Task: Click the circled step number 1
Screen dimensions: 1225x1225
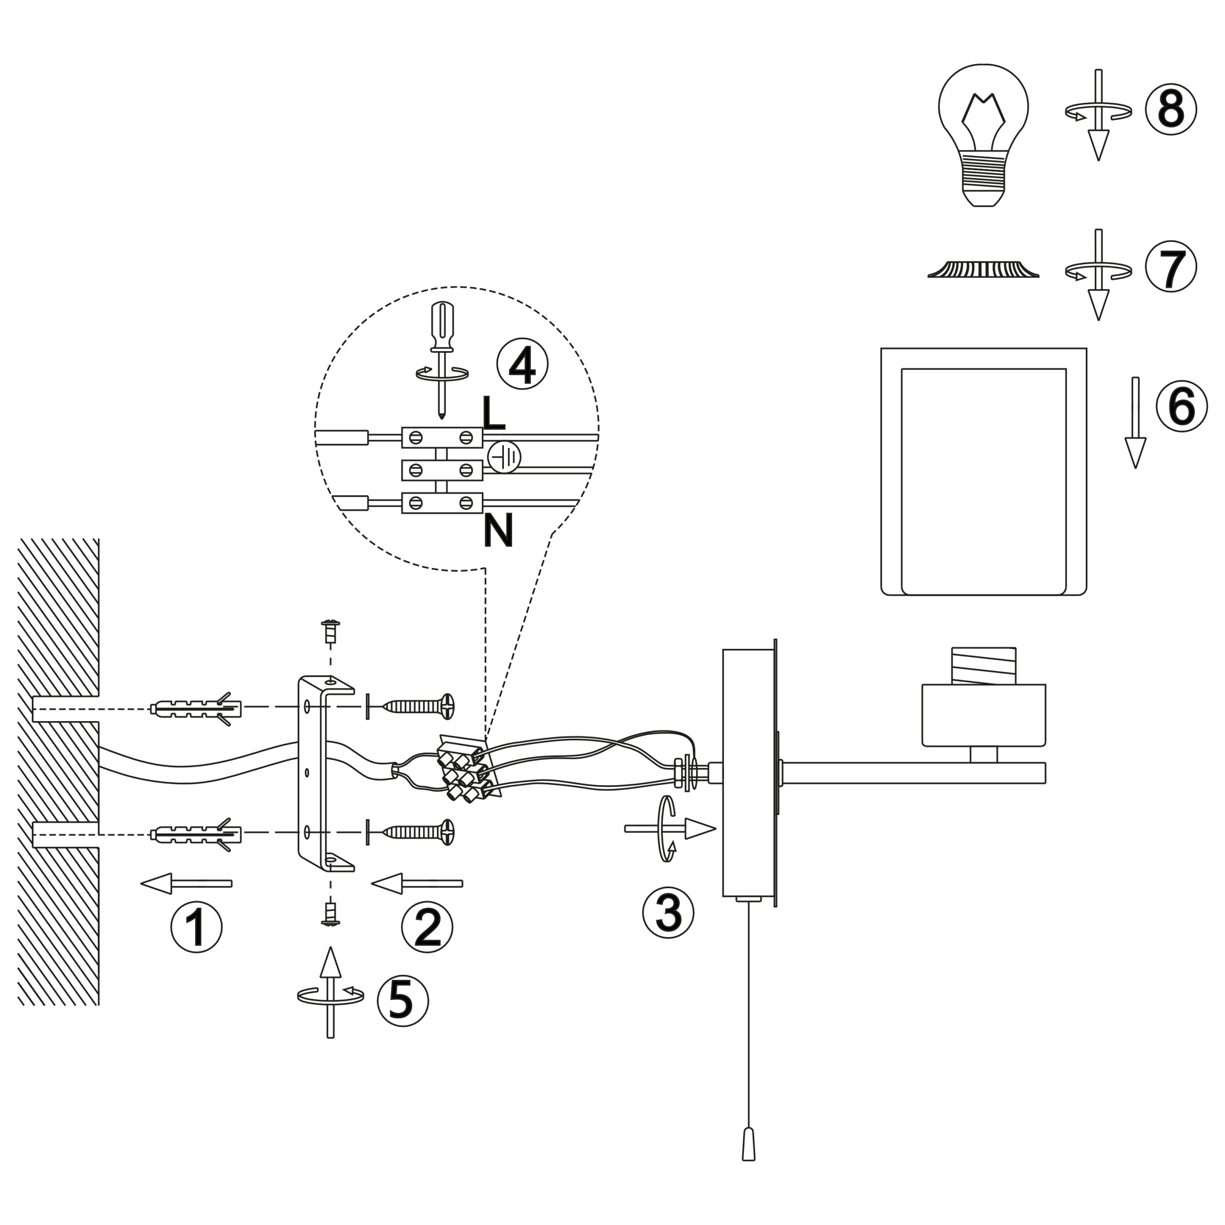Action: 197,926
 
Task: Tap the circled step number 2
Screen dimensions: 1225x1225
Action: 427,926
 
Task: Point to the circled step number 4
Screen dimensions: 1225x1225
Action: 523,363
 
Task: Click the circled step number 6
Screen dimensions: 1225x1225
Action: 1182,406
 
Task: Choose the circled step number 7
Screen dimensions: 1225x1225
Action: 1171,267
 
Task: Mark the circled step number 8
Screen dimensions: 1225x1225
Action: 1171,109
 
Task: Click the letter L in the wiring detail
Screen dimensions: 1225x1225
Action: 493,413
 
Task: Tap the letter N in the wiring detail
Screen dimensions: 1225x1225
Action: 498,531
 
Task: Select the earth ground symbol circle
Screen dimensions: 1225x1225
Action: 504,457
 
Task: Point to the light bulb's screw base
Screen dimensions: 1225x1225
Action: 983,179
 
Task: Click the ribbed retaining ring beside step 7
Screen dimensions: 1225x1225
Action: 983,269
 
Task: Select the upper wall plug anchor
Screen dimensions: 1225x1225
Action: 197,709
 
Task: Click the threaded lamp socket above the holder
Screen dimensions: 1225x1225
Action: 983,665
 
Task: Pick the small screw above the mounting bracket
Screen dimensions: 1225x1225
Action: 330,631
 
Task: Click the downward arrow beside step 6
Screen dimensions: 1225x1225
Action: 1136,423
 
